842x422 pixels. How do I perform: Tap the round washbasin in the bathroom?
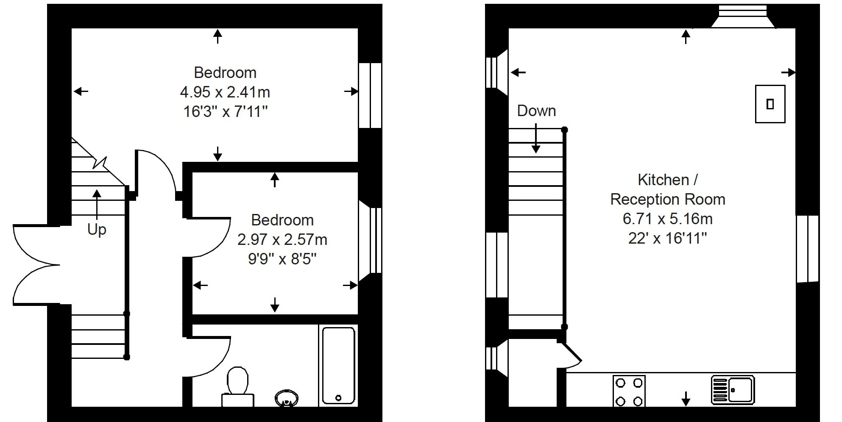(287, 398)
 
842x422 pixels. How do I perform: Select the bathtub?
(338, 365)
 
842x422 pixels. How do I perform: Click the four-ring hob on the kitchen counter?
(629, 391)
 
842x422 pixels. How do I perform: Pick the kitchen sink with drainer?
(733, 389)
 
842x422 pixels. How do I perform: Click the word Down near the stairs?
(536, 111)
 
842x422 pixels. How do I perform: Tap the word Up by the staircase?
(97, 229)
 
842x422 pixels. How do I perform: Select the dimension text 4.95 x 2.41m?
(225, 92)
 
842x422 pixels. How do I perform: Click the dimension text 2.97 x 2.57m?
(282, 240)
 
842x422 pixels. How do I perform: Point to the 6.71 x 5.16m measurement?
(667, 219)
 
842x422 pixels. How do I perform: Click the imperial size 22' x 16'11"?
(667, 238)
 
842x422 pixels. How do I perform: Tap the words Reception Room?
(667, 199)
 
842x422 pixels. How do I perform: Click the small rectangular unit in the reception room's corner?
(770, 104)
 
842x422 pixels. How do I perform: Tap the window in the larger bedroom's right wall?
(370, 95)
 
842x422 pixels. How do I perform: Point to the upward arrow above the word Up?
(97, 203)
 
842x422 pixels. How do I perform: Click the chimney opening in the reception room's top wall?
(743, 17)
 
